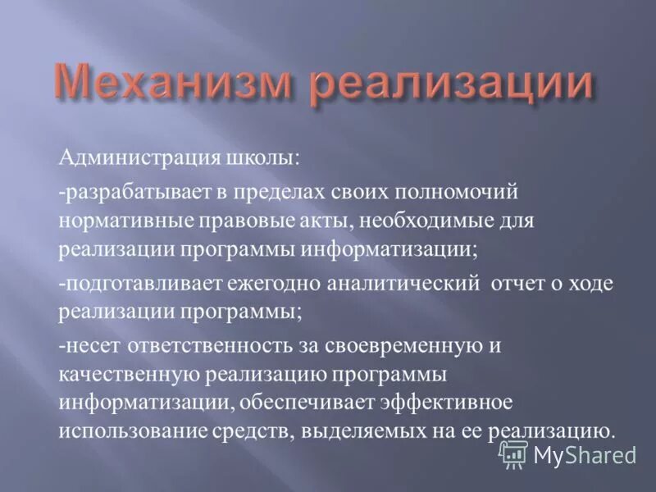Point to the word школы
[x=247, y=157]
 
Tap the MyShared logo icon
[x=513, y=453]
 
